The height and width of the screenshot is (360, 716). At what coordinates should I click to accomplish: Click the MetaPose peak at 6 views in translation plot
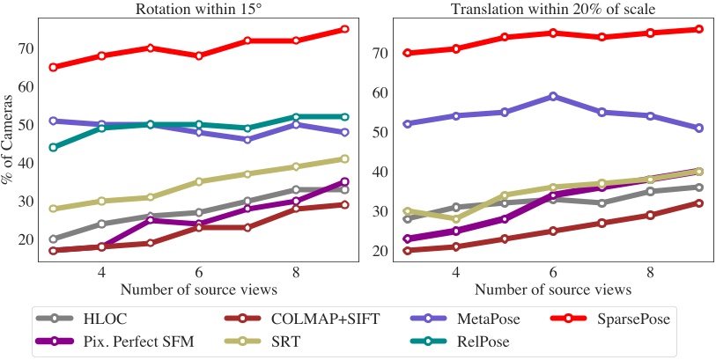pyautogui.click(x=552, y=96)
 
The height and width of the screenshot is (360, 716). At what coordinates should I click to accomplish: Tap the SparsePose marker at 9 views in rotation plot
pyautogui.click(x=344, y=29)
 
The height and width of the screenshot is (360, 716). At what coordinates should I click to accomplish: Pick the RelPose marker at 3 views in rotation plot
pyautogui.click(x=54, y=147)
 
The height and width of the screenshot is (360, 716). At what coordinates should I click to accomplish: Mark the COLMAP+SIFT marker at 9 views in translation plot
pyautogui.click(x=698, y=203)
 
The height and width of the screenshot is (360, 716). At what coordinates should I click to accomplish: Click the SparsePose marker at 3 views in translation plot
pyautogui.click(x=406, y=53)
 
